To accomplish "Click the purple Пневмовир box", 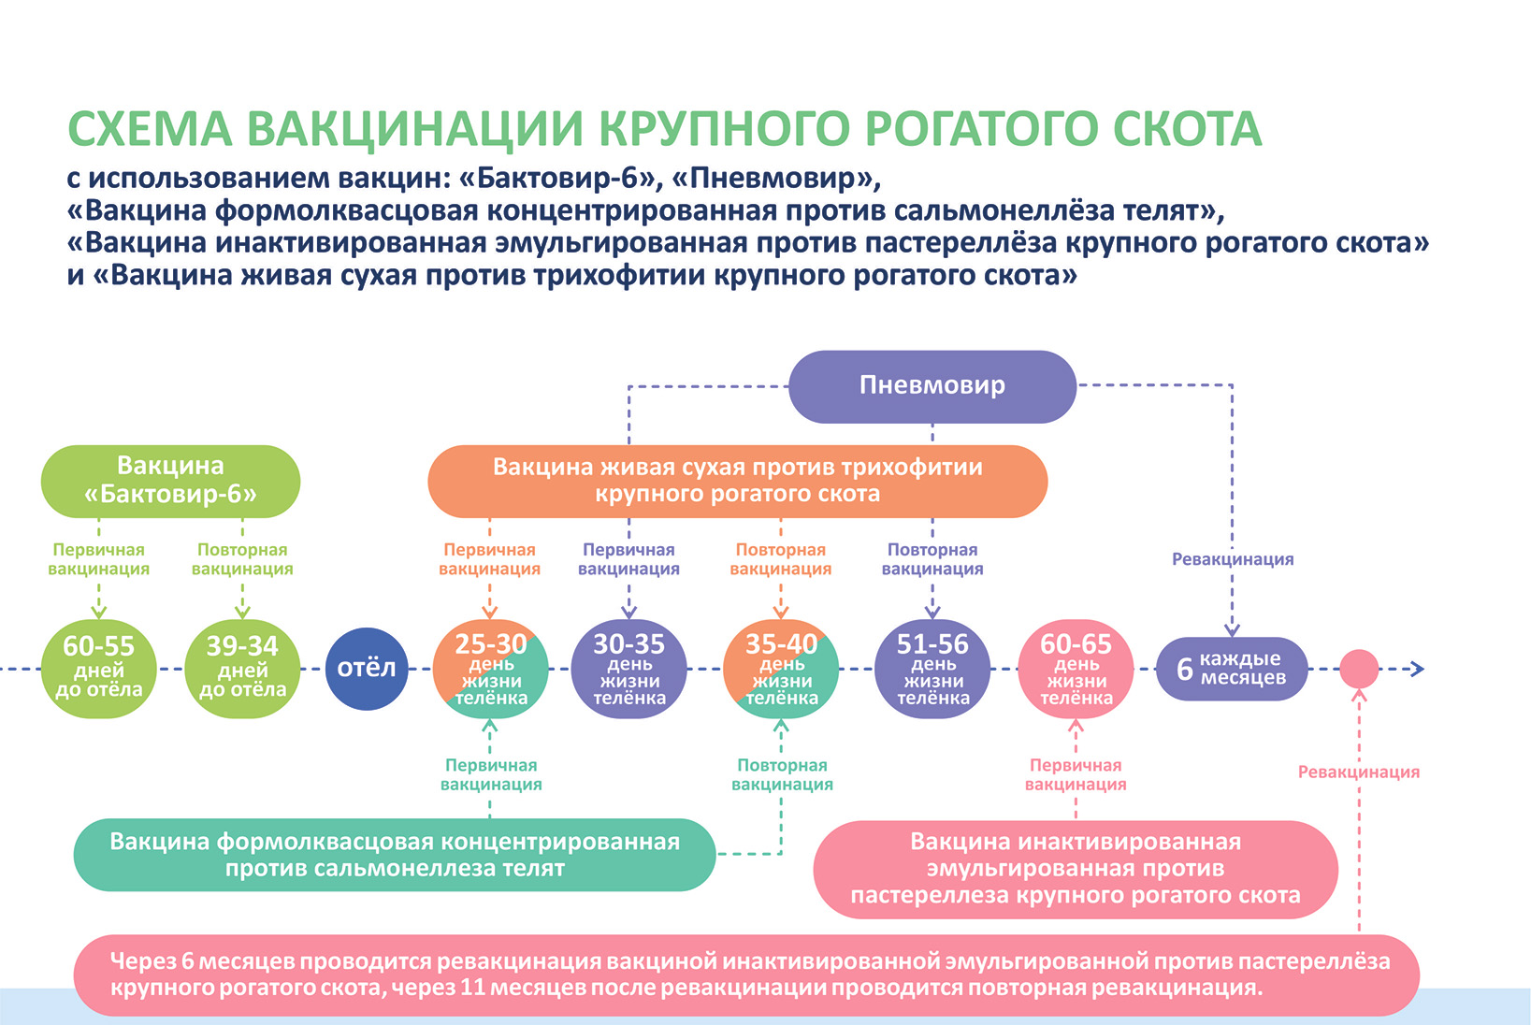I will (932, 386).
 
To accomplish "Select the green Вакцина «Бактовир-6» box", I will (170, 481).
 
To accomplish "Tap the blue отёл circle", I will (367, 669).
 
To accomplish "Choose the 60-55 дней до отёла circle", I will (98, 669).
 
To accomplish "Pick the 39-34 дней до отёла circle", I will (242, 669).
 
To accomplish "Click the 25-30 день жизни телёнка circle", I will (490, 669).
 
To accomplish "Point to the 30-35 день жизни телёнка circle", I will (628, 669).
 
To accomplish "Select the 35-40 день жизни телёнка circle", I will (781, 669).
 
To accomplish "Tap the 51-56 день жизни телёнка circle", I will (932, 669).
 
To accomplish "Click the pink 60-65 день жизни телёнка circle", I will (1076, 669).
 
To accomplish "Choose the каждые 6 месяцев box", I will (1232, 669).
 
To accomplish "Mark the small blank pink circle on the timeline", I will (1359, 669).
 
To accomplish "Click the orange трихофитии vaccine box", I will (737, 481).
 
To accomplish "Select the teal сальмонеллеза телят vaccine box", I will (394, 855).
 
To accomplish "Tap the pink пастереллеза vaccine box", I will (1076, 869).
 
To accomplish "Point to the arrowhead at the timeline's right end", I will (1417, 669).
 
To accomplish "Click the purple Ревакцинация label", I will (1233, 559).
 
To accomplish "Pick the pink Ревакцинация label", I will (1358, 772).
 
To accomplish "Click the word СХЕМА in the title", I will (150, 129).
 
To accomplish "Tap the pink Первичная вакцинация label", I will (1076, 775).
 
